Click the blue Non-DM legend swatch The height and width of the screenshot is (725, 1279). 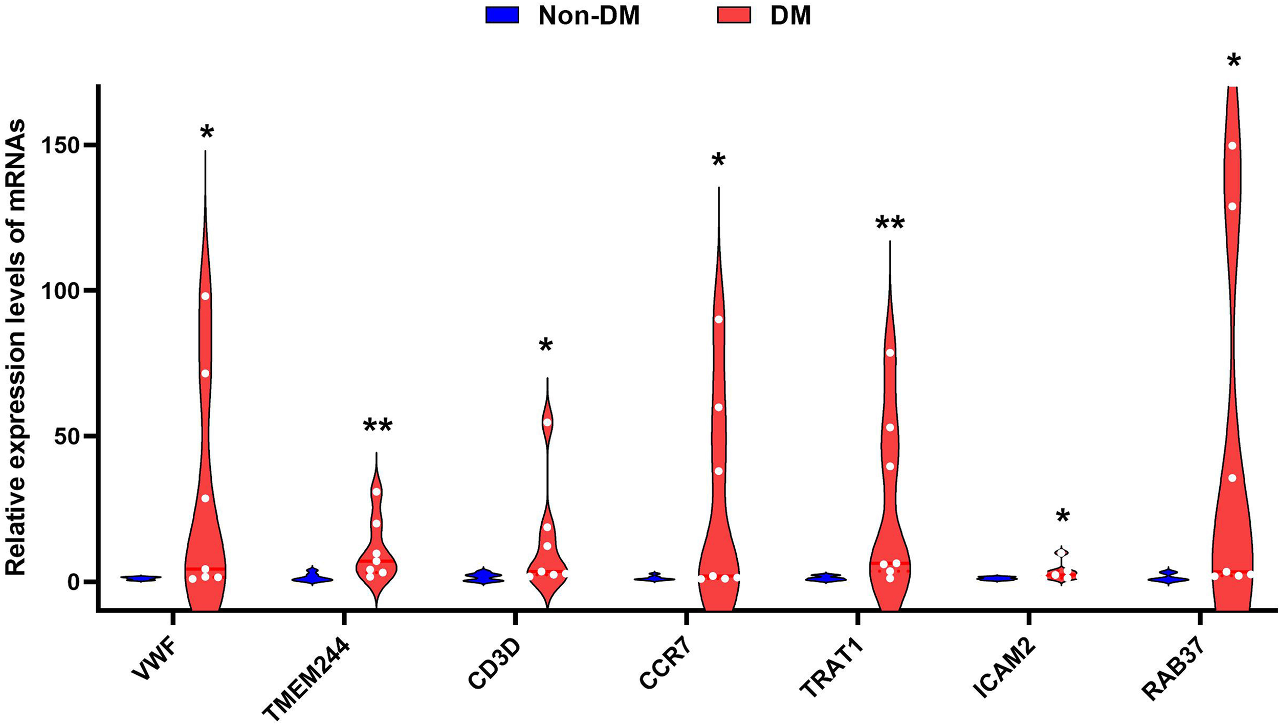point(502,15)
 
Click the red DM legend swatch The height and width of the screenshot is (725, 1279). point(734,15)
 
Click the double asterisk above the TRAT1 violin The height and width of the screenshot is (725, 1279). point(890,224)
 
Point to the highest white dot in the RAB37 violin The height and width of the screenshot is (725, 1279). point(1232,146)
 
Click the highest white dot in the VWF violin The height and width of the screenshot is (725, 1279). point(205,296)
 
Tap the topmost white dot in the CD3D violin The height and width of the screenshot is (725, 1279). point(547,422)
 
